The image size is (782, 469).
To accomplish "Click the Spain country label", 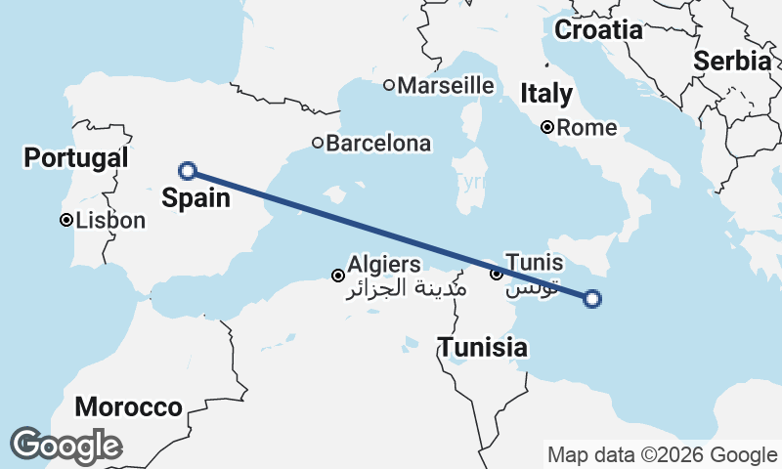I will tap(197, 198).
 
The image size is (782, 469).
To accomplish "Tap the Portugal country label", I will tap(76, 157).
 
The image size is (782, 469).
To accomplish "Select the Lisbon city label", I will tap(109, 221).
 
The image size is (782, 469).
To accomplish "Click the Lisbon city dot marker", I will tap(65, 221).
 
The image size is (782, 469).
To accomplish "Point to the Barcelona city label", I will tap(378, 144).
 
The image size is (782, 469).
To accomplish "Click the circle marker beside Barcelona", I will tap(318, 144).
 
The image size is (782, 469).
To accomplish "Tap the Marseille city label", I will tap(446, 85).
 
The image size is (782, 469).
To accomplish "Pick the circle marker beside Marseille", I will tap(389, 85).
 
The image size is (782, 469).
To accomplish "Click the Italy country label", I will tap(546, 94).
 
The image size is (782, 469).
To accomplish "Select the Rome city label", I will tap(587, 127).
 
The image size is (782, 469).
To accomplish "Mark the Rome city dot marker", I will tap(547, 127).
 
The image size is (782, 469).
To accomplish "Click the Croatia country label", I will tap(598, 30).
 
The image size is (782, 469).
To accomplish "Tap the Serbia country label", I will tap(732, 61).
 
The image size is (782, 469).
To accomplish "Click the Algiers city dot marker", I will tap(338, 276).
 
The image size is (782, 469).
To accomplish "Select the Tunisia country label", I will tap(483, 347).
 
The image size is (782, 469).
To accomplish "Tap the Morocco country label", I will tap(129, 406).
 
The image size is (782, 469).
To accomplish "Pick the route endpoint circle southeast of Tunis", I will tap(591, 299).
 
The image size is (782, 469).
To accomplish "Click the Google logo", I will tap(66, 446).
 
